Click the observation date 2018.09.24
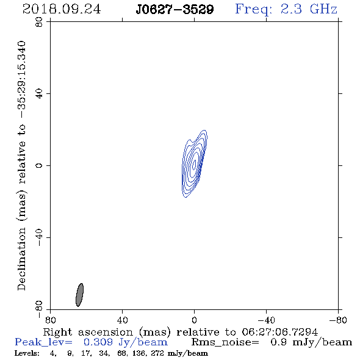pyautogui.click(x=62, y=9)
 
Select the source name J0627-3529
pyautogui.click(x=175, y=9)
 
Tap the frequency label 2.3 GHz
pyautogui.click(x=309, y=9)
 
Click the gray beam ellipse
pyautogui.click(x=79, y=295)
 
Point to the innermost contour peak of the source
pyautogui.click(x=194, y=164)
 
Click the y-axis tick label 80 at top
pyautogui.click(x=39, y=22)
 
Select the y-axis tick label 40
pyautogui.click(x=39, y=94)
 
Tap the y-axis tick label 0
pyautogui.click(x=39, y=165)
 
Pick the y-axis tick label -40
pyautogui.click(x=39, y=237)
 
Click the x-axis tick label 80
pyautogui.click(x=50, y=320)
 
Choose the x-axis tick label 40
pyautogui.click(x=122, y=320)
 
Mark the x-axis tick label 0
pyautogui.click(x=194, y=320)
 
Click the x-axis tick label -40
pyautogui.click(x=266, y=320)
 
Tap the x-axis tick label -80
pyautogui.click(x=338, y=320)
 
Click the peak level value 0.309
pyautogui.click(x=98, y=342)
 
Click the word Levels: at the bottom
pyautogui.click(x=27, y=353)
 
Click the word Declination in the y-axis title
pyautogui.click(x=21, y=259)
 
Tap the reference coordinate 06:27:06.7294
pyautogui.click(x=280, y=332)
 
